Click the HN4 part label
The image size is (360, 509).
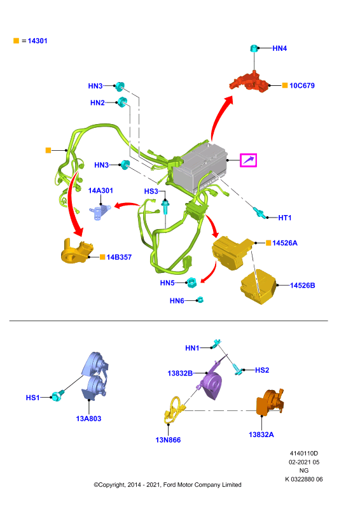point(279,48)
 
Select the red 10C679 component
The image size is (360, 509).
point(249,81)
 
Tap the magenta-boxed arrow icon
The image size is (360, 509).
point(248,160)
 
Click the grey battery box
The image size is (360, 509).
point(200,168)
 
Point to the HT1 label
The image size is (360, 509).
point(285,218)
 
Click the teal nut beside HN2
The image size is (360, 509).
point(122,102)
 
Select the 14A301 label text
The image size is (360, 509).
point(100,190)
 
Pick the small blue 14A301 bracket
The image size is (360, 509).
point(100,213)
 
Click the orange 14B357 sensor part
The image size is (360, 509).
point(76,251)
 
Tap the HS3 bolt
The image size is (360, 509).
point(165,206)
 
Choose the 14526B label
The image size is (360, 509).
point(303,285)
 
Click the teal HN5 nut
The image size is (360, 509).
point(191,282)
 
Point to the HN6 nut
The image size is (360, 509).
point(200,300)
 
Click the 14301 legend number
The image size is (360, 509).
point(38,41)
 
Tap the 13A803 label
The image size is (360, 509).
point(88,419)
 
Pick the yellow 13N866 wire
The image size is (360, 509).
point(175,410)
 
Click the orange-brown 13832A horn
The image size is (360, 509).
point(270,402)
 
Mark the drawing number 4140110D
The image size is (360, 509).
point(304,453)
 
